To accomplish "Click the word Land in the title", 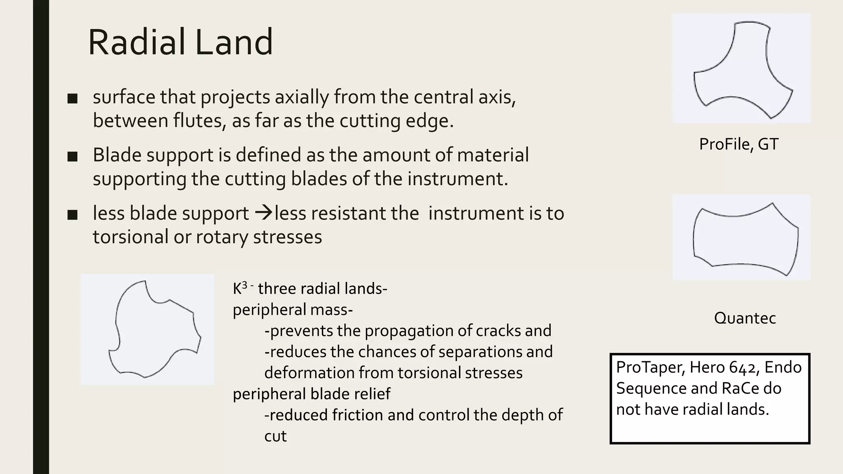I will pos(233,42).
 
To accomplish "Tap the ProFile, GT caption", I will pos(738,144).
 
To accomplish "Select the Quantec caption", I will pos(745,318).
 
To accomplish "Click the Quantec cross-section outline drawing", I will pos(745,239).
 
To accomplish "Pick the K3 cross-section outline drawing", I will pos(152,329).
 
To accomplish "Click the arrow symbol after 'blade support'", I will pos(263,213).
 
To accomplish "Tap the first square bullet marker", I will pos(72,98).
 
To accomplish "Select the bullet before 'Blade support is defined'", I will pos(72,156).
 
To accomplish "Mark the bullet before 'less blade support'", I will pos(72,214).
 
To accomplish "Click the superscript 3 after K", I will pos(245,285).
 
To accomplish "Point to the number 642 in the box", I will pos(744,367).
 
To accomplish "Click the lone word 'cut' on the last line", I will pos(275,436).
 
